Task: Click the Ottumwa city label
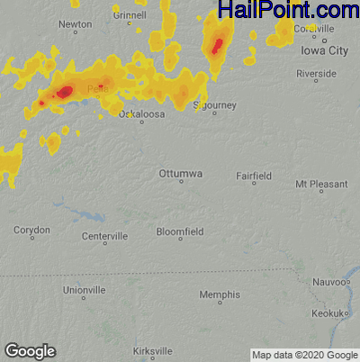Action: click(180, 172)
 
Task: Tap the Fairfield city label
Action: click(253, 175)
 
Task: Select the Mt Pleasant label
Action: click(321, 184)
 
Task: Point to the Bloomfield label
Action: click(180, 231)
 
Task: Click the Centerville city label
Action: click(104, 236)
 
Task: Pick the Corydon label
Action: click(31, 231)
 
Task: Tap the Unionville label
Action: click(85, 290)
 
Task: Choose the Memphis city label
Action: click(220, 294)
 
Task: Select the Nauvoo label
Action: click(328, 282)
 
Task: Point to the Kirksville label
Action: click(152, 350)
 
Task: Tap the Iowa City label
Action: click(324, 50)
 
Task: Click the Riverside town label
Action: click(328, 74)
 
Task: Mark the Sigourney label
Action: click(216, 105)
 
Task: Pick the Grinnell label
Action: click(130, 15)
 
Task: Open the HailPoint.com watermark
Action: click(288, 11)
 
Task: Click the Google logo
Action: click(30, 351)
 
